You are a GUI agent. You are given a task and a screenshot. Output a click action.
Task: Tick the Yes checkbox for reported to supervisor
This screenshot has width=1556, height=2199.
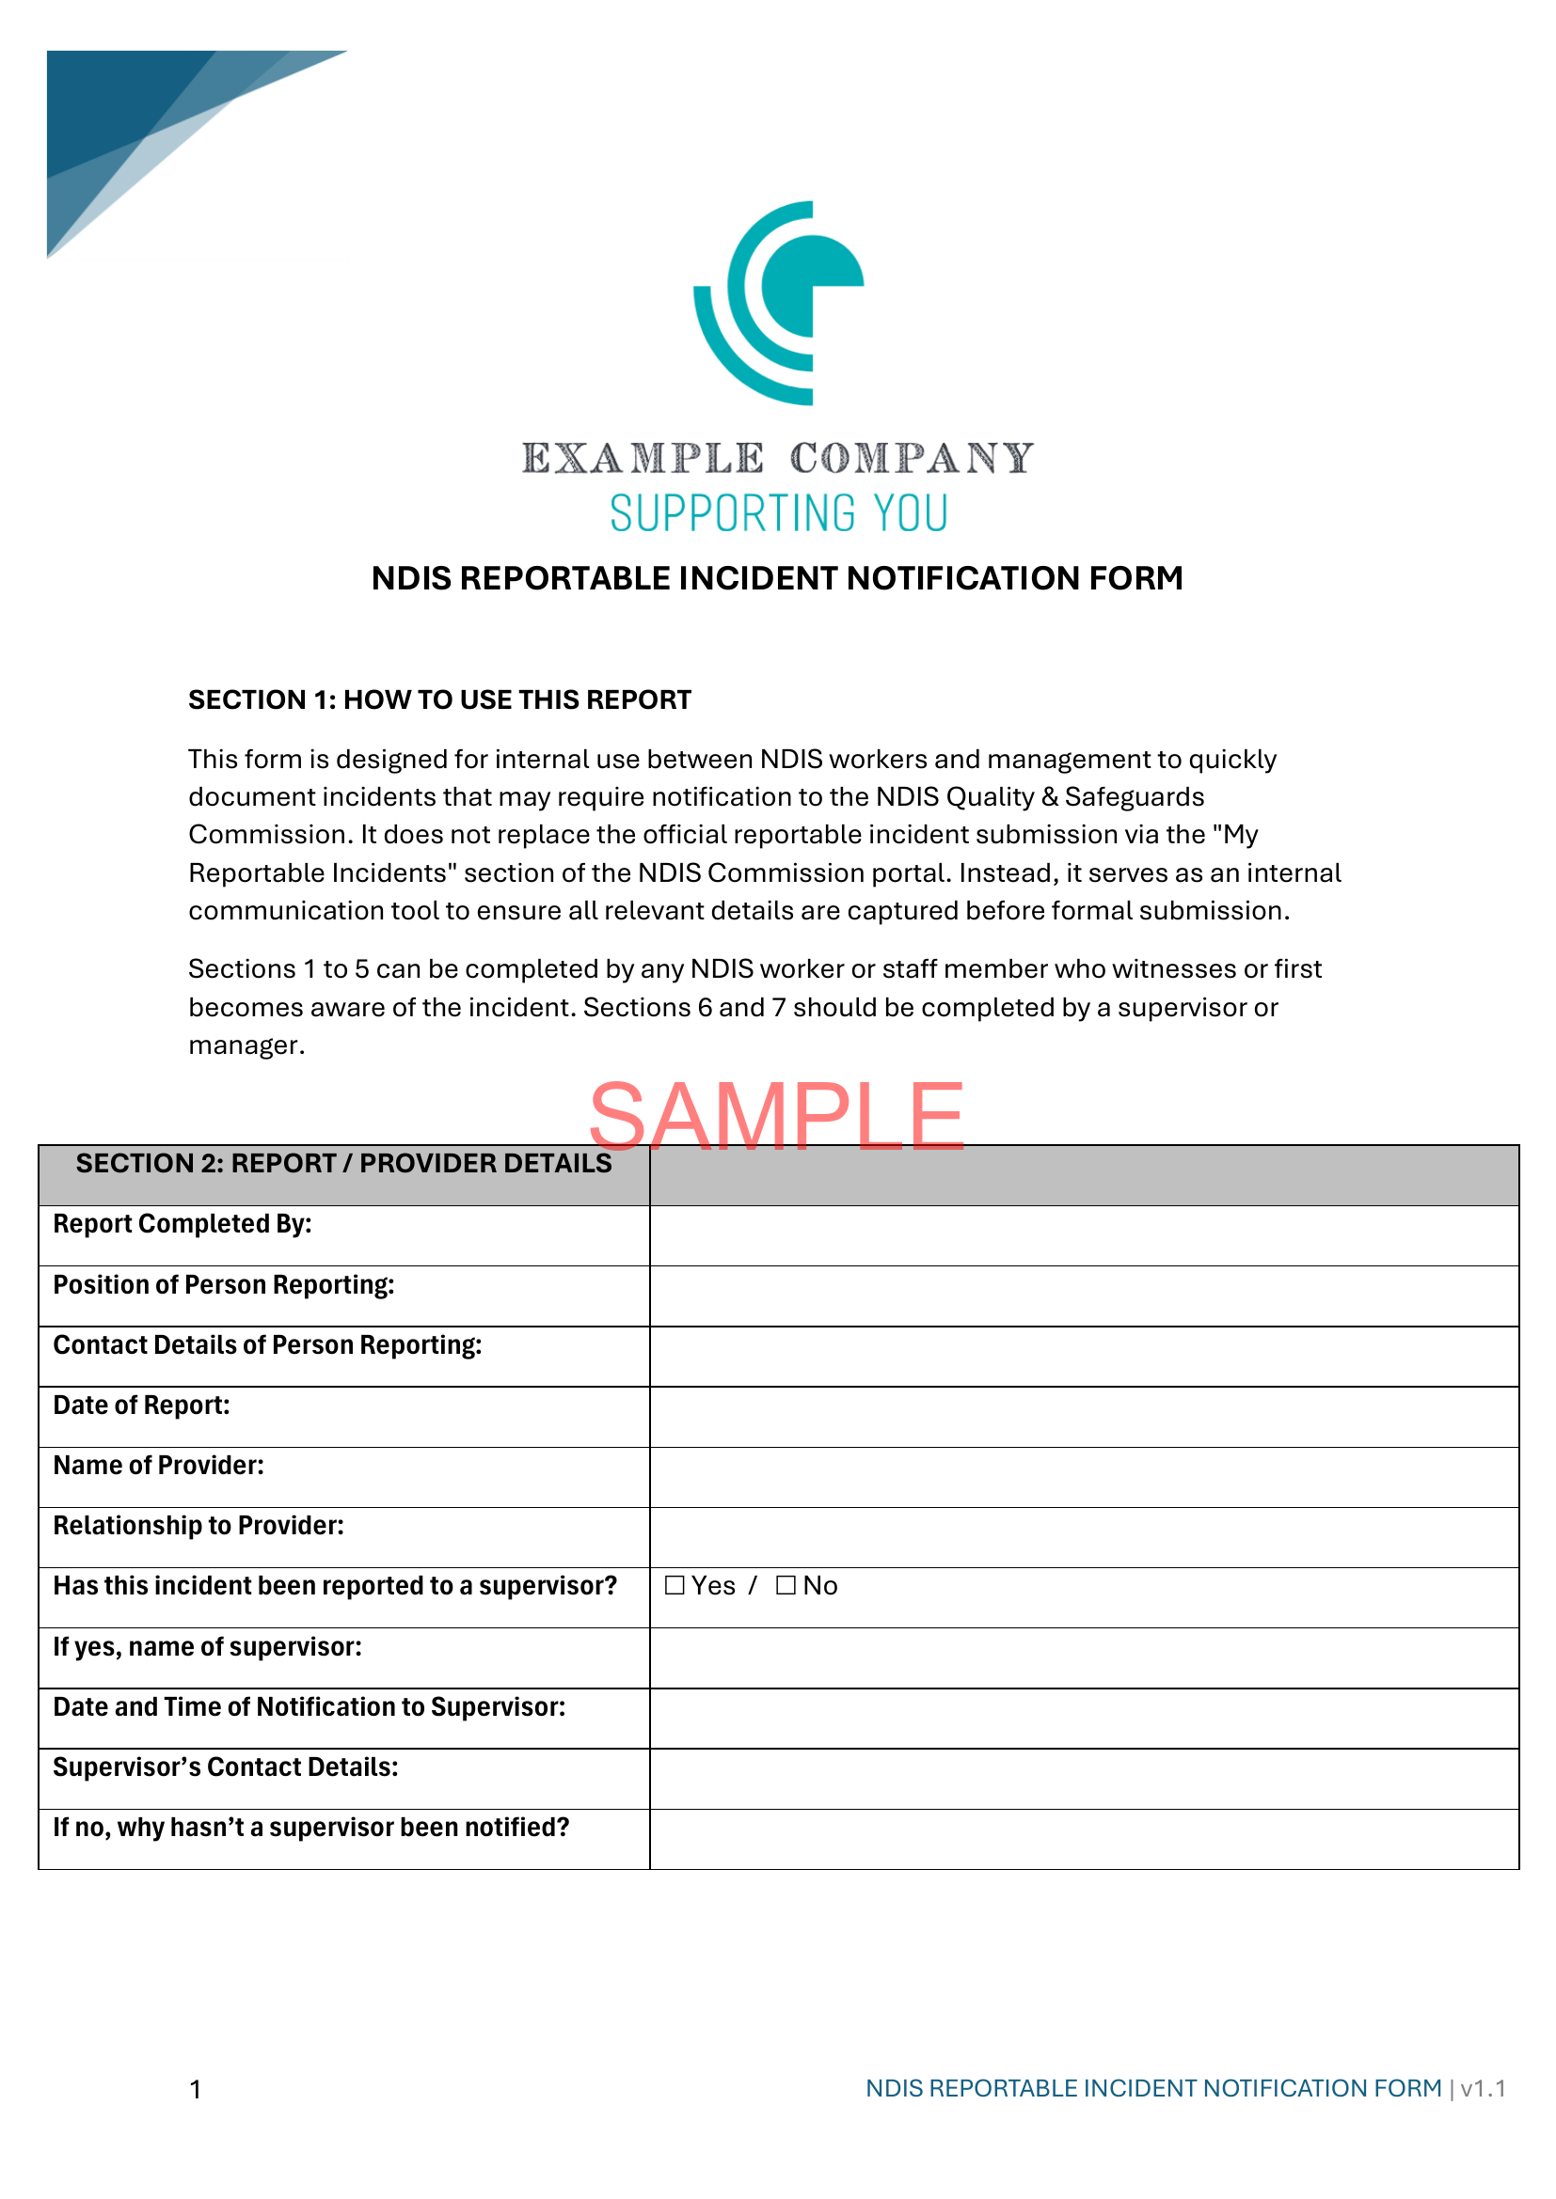[675, 1585]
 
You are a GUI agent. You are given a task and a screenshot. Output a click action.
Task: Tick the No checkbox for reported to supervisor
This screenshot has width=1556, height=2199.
[786, 1585]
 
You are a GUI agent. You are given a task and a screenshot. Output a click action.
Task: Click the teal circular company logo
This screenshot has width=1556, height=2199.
[779, 302]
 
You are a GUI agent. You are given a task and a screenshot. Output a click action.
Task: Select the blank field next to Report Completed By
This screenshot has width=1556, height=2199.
[1084, 1235]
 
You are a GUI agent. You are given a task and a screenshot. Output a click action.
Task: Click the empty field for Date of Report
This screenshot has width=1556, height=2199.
[1084, 1417]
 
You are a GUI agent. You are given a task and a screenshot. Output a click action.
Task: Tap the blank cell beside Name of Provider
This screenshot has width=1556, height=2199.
[1084, 1477]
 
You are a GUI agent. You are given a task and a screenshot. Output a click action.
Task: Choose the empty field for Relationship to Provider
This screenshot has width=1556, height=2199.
[1084, 1537]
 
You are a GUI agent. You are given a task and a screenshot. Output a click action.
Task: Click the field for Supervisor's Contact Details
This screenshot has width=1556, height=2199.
[1084, 1779]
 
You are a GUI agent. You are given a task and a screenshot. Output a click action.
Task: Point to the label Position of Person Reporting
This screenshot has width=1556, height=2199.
[224, 1285]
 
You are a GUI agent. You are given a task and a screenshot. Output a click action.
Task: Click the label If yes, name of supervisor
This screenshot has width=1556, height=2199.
[208, 1647]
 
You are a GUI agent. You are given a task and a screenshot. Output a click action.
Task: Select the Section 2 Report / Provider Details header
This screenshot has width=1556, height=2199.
[343, 1164]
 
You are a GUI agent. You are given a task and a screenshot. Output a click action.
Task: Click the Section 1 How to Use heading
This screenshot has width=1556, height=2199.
[439, 700]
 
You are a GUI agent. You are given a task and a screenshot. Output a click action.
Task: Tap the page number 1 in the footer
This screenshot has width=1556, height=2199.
[196, 2089]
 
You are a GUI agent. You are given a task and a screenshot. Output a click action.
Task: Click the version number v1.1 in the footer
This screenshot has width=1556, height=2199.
[1483, 2088]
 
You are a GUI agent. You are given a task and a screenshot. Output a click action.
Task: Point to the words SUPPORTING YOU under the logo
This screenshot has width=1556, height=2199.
[779, 513]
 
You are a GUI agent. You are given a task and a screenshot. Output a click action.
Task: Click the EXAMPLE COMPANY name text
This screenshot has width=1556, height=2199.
[778, 459]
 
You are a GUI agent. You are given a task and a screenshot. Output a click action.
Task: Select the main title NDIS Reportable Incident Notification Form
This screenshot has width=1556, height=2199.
[777, 578]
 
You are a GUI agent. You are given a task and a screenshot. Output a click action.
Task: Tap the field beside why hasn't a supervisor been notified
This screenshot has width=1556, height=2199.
[1084, 1839]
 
